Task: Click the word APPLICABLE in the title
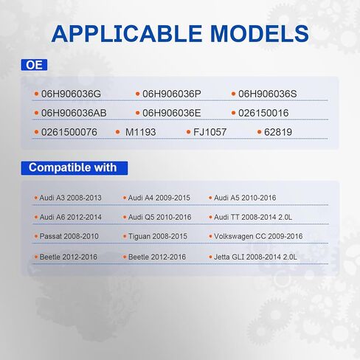tap(127, 34)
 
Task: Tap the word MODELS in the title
tap(260, 34)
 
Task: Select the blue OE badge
tap(34, 65)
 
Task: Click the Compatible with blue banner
tap(75, 168)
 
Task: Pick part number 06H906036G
tap(71, 94)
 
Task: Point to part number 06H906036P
tap(172, 94)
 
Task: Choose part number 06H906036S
tap(268, 94)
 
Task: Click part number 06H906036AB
tap(74, 113)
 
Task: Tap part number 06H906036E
tap(172, 113)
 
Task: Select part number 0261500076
tap(69, 132)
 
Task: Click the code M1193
tap(140, 132)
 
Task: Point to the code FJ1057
tap(210, 132)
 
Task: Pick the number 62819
tap(278, 132)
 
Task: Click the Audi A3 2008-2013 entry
tap(71, 198)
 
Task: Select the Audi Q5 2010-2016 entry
tap(160, 217)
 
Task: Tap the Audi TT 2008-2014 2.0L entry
tap(253, 217)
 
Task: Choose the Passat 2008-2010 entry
tap(69, 236)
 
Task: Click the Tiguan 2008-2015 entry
tap(158, 236)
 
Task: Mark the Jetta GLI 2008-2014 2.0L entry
tap(255, 257)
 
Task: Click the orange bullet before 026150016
tap(233, 113)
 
